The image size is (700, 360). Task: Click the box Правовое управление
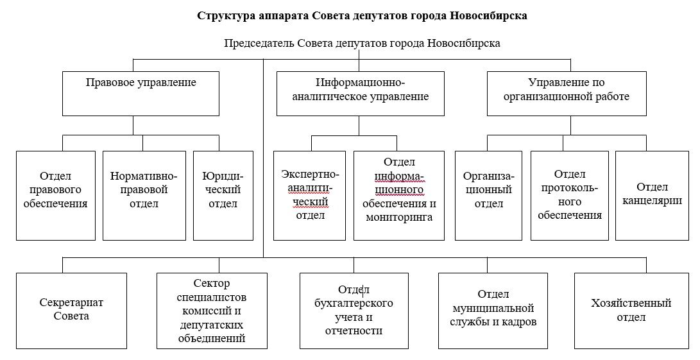click(141, 93)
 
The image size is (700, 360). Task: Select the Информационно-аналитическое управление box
click(360, 93)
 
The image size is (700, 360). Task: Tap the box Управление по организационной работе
click(567, 93)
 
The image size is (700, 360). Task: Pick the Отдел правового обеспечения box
click(55, 195)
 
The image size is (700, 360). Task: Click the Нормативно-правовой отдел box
click(143, 195)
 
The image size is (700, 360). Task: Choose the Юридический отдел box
click(223, 195)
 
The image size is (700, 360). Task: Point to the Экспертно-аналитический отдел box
click(310, 195)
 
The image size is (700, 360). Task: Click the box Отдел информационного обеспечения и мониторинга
click(399, 195)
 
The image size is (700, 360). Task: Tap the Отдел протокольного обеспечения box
click(570, 195)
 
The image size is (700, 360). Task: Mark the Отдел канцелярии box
click(652, 195)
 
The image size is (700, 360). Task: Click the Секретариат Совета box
click(62, 310)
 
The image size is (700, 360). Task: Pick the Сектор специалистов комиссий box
click(212, 310)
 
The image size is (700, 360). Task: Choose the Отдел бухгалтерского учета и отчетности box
click(354, 310)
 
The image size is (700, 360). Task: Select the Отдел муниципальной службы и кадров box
click(493, 310)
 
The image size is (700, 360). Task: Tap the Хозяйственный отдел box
click(631, 310)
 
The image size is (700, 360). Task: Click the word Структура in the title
click(225, 16)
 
